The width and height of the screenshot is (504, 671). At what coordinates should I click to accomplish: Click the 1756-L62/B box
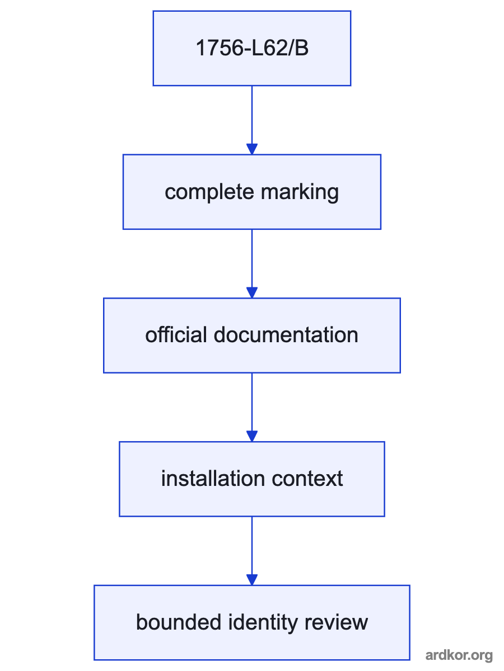252,48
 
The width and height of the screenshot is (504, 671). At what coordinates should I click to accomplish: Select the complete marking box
252,192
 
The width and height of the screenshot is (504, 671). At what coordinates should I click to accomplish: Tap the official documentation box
252,335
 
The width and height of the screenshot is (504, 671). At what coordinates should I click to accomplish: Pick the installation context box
252,479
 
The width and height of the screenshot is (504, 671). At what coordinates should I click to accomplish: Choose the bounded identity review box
252,623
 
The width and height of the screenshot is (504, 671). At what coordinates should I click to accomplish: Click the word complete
209,192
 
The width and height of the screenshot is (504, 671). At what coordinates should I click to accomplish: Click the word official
176,335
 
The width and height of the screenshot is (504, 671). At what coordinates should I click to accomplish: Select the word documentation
286,335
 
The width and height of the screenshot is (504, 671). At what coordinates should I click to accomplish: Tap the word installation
213,479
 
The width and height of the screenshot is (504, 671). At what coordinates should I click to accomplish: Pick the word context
307,479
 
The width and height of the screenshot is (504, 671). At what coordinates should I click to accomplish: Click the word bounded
179,622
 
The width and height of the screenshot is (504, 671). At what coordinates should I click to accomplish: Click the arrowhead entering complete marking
252,149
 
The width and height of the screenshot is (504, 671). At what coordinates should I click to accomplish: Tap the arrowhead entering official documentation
252,293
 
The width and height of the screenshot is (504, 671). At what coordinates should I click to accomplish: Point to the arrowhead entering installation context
252,436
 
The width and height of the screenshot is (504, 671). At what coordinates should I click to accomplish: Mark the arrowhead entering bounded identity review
252,580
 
